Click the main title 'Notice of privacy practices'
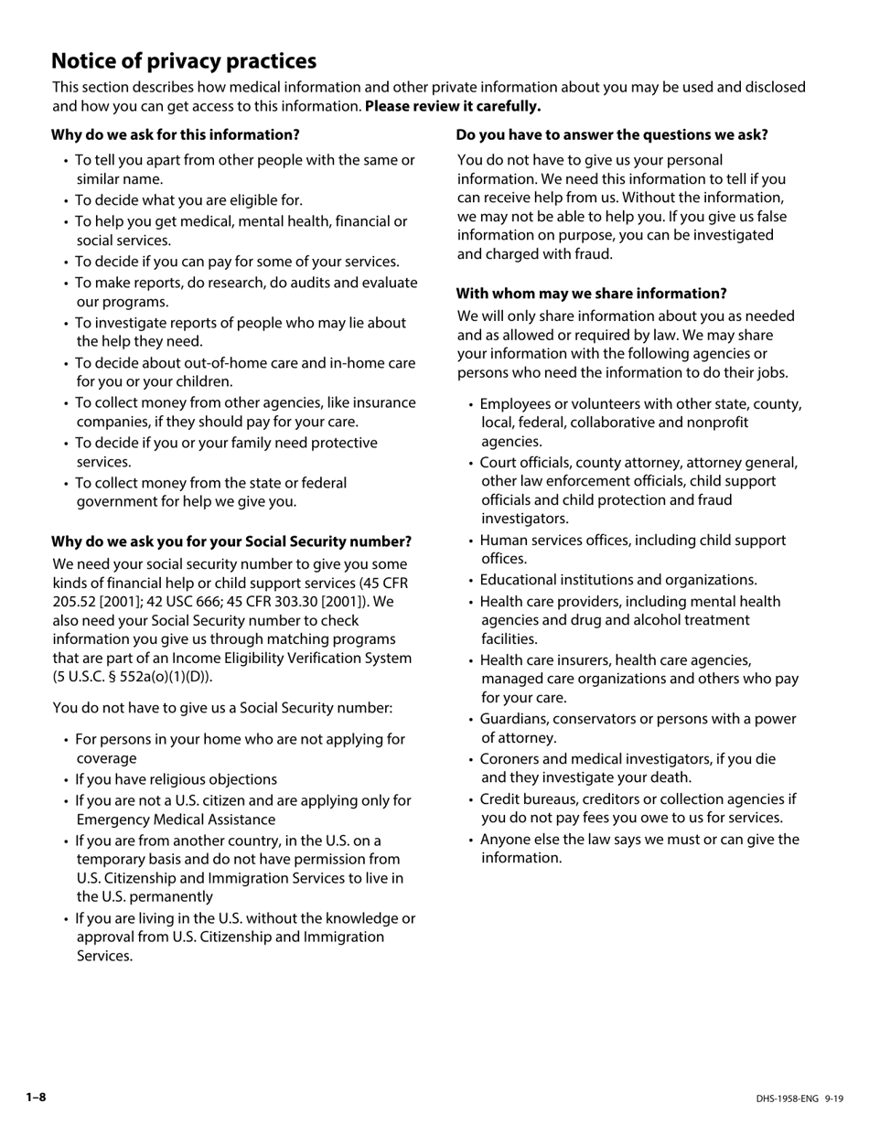pos(184,61)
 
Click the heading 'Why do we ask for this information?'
pos(175,134)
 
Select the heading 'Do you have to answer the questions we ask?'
pos(612,134)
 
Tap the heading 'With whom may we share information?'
pos(592,294)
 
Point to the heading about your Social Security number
pos(231,541)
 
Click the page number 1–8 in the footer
pos(36,1098)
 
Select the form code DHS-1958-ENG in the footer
pos(787,1098)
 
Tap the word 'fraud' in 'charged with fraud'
pos(593,254)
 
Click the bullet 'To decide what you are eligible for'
pos(188,200)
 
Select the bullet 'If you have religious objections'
pos(176,779)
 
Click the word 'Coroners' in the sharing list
pos(510,759)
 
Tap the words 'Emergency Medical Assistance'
pos(176,820)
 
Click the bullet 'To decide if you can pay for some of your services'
pos(237,262)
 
